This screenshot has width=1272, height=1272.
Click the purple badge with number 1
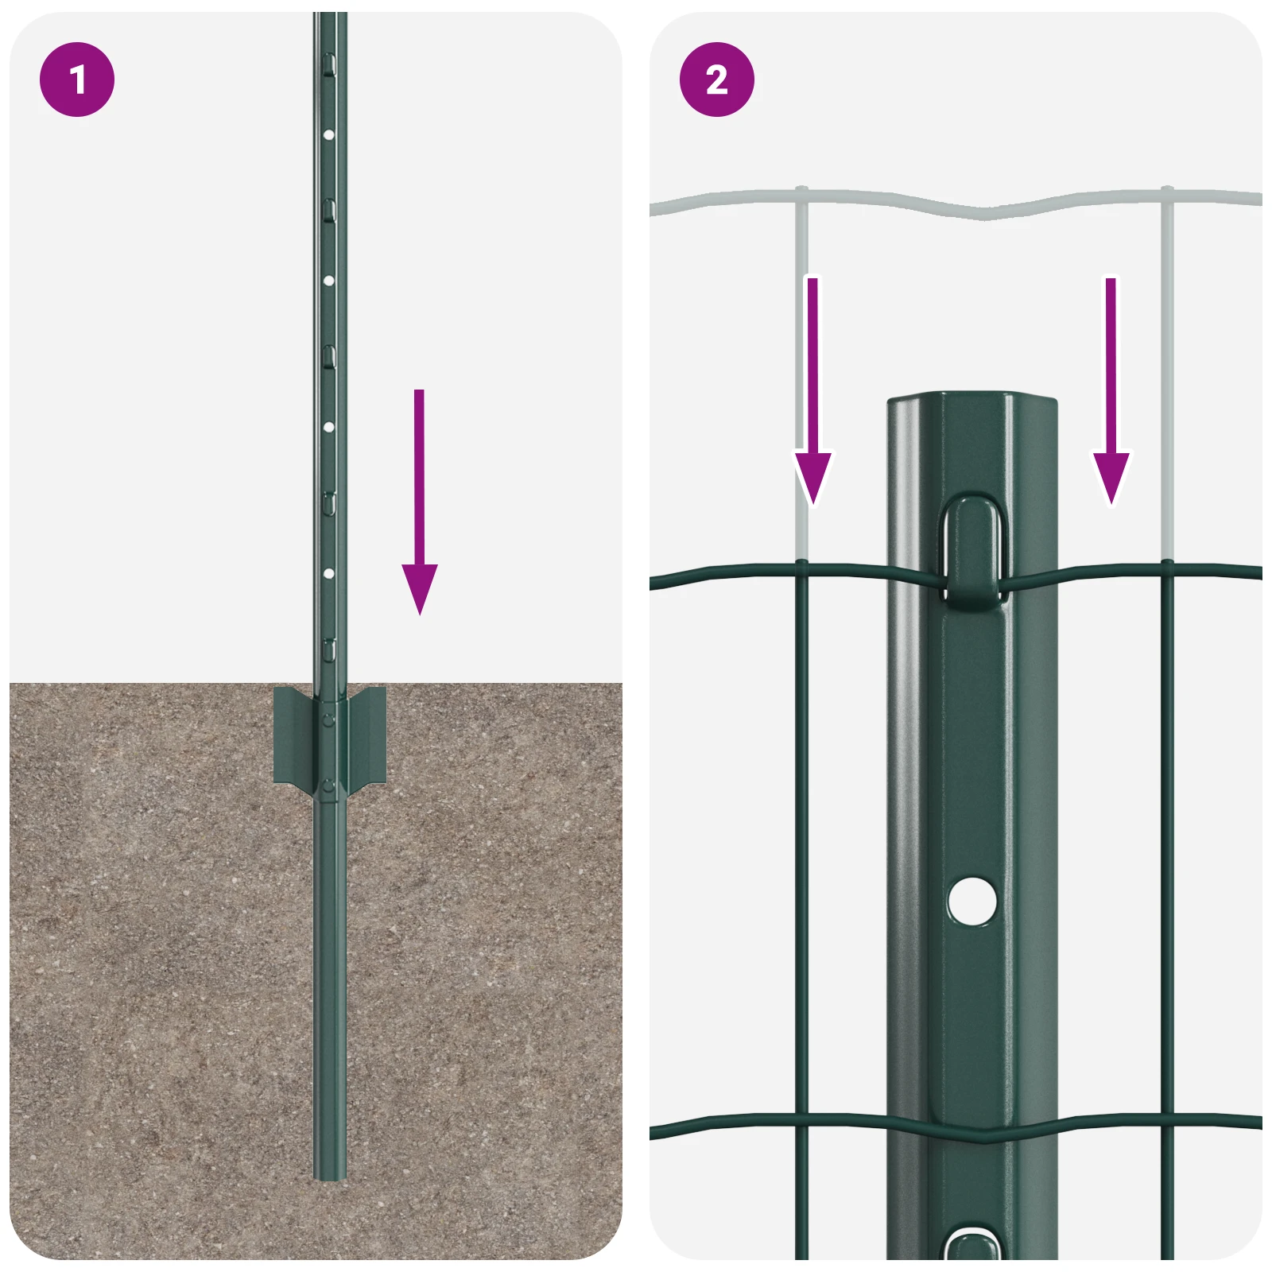tap(77, 79)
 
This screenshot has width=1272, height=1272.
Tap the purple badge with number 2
tap(716, 79)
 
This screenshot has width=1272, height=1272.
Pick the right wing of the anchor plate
tap(366, 736)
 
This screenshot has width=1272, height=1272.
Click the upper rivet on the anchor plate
tap(329, 720)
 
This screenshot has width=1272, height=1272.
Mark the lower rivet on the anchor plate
tap(329, 786)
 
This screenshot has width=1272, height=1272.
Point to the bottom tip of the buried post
tap(329, 1178)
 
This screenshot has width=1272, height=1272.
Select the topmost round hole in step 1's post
tap(328, 135)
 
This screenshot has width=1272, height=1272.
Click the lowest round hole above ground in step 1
tap(328, 573)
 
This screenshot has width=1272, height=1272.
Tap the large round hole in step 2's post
tap(972, 901)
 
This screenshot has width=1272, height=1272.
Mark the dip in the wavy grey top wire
tap(984, 213)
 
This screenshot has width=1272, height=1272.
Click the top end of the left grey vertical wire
tap(802, 189)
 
